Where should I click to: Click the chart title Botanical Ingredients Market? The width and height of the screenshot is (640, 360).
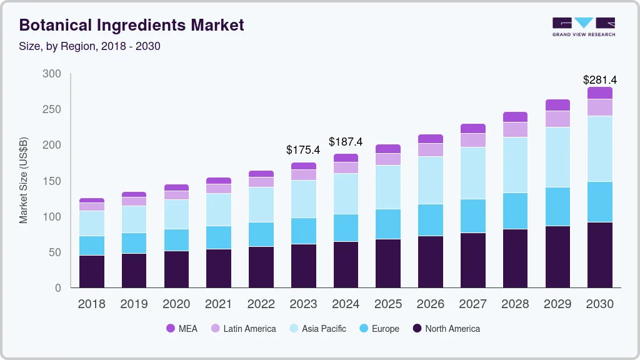[x=131, y=25]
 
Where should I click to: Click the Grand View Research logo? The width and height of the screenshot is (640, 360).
[x=583, y=26]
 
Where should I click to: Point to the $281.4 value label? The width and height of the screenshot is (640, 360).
[x=599, y=80]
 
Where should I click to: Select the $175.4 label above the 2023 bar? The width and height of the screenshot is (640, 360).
[x=303, y=150]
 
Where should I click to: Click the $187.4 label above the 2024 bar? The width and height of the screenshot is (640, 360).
[x=346, y=142]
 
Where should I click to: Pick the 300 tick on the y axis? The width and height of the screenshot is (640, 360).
[x=52, y=74]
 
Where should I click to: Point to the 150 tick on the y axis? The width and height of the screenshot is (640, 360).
[x=52, y=181]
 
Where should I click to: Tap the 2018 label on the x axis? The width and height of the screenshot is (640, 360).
[x=91, y=304]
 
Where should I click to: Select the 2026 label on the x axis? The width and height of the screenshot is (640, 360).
[x=431, y=304]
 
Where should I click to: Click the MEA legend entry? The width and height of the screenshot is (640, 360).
[x=181, y=328]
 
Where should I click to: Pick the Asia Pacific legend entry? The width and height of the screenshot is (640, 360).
[x=317, y=328]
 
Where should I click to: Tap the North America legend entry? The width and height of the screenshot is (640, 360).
[x=446, y=328]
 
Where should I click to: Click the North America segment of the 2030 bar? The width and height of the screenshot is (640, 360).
[x=600, y=255]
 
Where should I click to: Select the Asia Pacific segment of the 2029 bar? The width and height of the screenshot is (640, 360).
[x=557, y=157]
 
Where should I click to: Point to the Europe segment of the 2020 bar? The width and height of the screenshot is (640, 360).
[x=176, y=240]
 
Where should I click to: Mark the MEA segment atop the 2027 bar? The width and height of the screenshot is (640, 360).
[x=473, y=128]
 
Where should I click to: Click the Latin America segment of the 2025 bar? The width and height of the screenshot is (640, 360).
[x=388, y=159]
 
